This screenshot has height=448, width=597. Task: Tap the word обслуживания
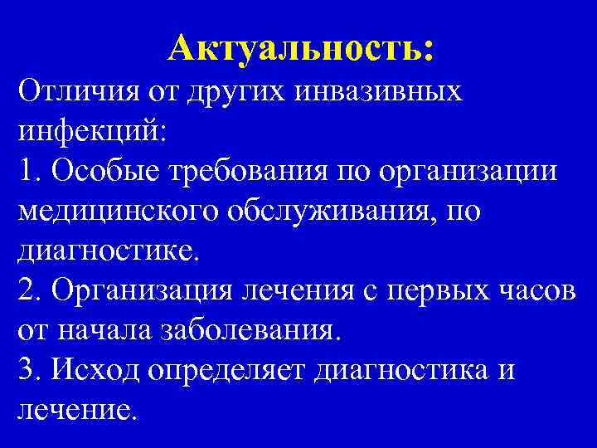pos(332,211)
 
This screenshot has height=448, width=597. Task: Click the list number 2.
pos(27,290)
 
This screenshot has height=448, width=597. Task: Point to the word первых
pos(440,290)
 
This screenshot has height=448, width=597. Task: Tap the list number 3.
pos(27,370)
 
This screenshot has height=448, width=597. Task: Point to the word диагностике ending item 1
pos(108,251)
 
